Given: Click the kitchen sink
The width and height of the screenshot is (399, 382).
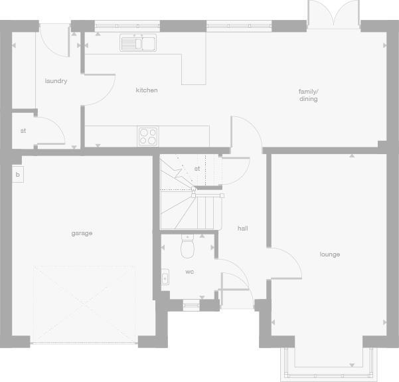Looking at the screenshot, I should pos(137,43).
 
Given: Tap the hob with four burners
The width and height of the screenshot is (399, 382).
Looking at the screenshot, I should pos(149,136).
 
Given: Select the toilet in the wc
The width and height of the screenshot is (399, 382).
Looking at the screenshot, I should pos(187,248).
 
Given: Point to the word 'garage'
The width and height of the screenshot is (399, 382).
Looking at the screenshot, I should pos(82,233).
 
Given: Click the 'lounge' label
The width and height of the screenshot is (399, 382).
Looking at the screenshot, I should pos(329,254).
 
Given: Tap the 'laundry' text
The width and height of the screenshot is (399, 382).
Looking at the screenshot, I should pos(56,81).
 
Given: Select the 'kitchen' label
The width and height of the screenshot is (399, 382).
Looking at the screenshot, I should pos(147,90).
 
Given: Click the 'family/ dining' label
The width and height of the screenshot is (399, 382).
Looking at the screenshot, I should pos(308,95).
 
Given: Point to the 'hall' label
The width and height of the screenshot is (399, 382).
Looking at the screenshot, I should pos(242,229).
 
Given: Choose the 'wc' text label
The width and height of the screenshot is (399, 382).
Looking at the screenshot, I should pos(189,272).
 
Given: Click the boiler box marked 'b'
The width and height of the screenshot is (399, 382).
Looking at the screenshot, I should pos(18,175).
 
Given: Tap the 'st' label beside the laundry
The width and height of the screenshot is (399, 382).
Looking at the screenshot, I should pos(23,131).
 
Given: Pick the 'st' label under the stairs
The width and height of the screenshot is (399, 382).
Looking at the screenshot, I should pos(197,169).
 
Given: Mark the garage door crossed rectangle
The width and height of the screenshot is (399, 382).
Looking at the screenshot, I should pos(84,305).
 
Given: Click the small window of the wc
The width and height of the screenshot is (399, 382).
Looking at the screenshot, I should pos(191,305).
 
